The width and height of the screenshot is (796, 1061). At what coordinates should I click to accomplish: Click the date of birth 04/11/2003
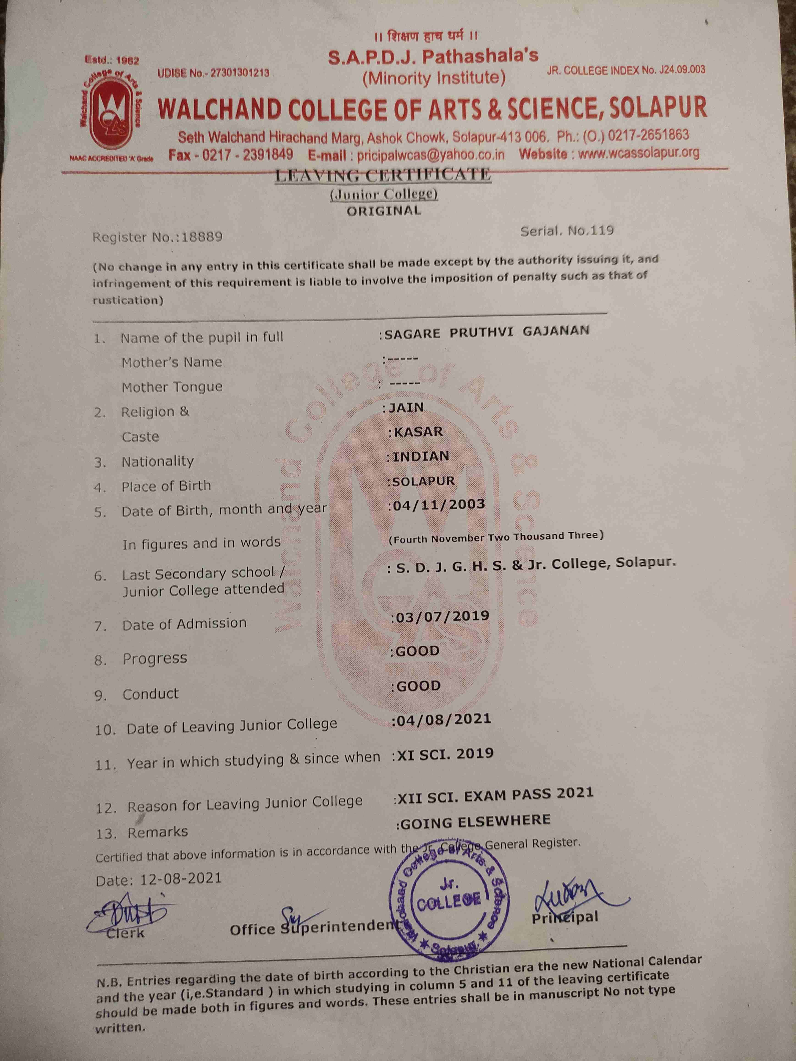pyautogui.click(x=439, y=505)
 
